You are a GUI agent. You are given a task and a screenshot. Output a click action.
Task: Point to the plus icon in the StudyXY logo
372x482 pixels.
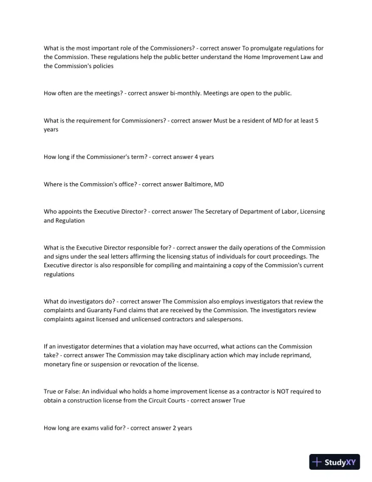click(x=317, y=462)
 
